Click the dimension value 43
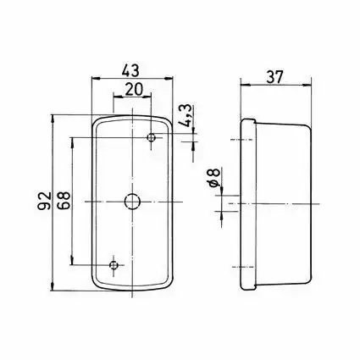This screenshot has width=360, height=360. pos(130,70)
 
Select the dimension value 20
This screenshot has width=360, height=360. pos(134,90)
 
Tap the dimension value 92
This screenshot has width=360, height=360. pos(44,201)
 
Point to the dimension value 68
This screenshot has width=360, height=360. pos(64,200)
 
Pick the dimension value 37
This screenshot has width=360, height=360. pos(274,77)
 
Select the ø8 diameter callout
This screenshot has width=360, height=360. pos(215,177)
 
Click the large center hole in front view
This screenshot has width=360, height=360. pos(132,202)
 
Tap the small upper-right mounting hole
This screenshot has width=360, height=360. pos(152,138)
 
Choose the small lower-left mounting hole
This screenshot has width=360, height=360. pos(114,265)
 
